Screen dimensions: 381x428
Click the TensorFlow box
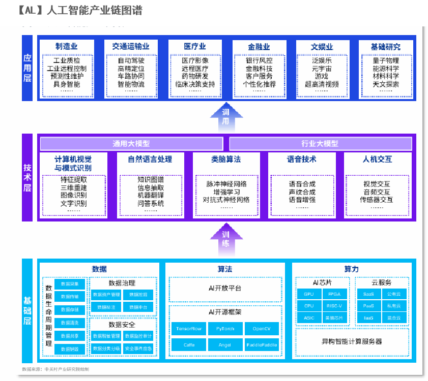[189, 329]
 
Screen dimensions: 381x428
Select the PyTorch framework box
[225, 329]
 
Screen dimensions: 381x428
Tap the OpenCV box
[262, 329]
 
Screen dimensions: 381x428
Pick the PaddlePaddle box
[262, 345]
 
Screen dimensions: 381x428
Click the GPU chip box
[309, 294]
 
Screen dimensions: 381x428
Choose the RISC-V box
[334, 306]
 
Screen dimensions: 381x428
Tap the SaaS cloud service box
[368, 294]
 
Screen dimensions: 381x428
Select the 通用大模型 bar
[131, 144]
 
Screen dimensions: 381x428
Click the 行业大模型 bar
[320, 144]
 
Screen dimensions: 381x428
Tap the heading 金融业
[259, 47]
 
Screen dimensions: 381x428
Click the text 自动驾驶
[131, 60]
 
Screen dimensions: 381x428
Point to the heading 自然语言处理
[150, 160]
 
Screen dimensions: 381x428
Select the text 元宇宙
[322, 69]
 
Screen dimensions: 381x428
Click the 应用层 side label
[27, 68]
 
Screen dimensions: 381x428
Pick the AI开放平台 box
[225, 288]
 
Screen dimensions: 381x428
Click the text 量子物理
[386, 60]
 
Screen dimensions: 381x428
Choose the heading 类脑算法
[226, 160]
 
